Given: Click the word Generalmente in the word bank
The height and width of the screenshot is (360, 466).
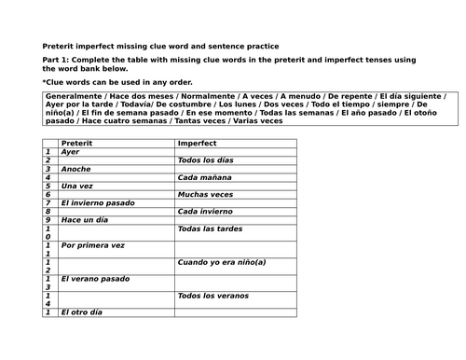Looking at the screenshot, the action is point(68,96).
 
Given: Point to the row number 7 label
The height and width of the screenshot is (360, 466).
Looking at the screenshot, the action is point(47,202).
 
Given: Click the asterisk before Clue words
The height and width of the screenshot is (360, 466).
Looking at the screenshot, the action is point(45,82).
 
